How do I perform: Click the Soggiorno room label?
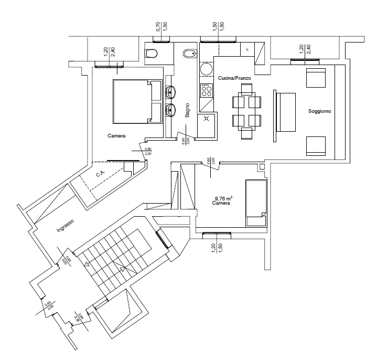click(x=320, y=112)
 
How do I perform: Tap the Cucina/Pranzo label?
click(x=234, y=78)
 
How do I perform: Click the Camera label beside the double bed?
click(x=116, y=136)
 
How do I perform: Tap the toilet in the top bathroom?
click(x=152, y=54)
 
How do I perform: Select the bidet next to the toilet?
click(x=188, y=54)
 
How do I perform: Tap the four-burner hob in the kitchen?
click(x=207, y=90)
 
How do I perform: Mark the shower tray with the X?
click(x=207, y=119)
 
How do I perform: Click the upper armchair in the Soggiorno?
click(x=316, y=78)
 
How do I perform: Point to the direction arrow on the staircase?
click(x=122, y=270)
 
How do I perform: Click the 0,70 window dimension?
click(x=158, y=25)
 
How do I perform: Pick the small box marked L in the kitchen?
click(x=247, y=48)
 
